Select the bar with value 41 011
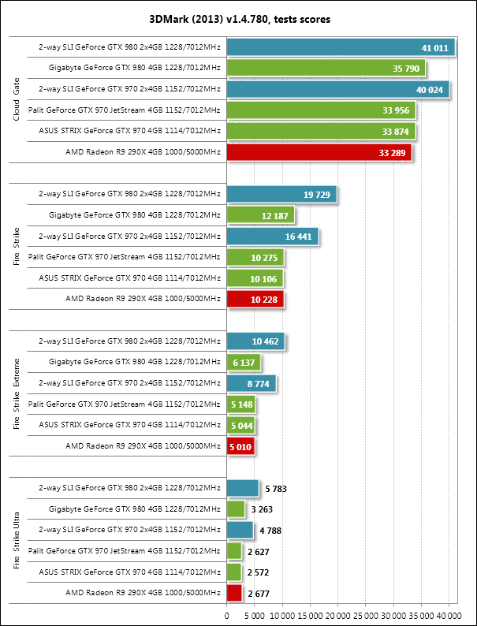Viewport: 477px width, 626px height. pos(340,48)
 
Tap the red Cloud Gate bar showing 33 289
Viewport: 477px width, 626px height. pos(319,152)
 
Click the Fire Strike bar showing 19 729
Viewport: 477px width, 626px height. pos(281,194)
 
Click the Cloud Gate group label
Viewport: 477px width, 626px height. pos(17,100)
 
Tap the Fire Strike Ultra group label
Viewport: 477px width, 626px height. pos(17,541)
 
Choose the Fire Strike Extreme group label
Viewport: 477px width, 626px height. pos(17,393)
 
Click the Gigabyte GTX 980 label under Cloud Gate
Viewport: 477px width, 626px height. pos(134,69)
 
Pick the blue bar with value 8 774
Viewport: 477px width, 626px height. pos(251,382)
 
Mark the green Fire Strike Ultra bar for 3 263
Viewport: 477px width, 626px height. pos(236,509)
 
